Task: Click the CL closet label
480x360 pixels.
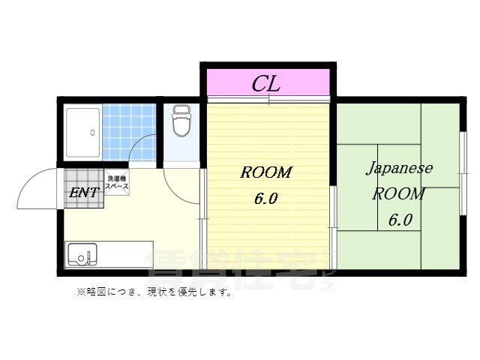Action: [265, 82]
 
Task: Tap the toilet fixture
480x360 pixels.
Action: [181, 121]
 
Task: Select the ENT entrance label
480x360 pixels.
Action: [83, 193]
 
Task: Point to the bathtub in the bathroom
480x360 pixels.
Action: [82, 133]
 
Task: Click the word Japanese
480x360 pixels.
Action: [399, 167]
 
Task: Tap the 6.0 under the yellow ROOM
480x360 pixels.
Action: [265, 200]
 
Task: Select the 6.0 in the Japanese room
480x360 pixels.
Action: [400, 220]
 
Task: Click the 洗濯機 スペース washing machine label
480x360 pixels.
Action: [117, 182]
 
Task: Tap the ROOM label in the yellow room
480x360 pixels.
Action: [265, 172]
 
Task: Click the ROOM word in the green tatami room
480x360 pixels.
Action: [399, 193]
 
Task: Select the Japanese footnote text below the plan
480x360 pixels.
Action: [154, 292]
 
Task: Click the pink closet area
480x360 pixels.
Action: [225, 80]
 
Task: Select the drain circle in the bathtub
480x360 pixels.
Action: [92, 133]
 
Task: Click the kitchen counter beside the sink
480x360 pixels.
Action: [124, 255]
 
